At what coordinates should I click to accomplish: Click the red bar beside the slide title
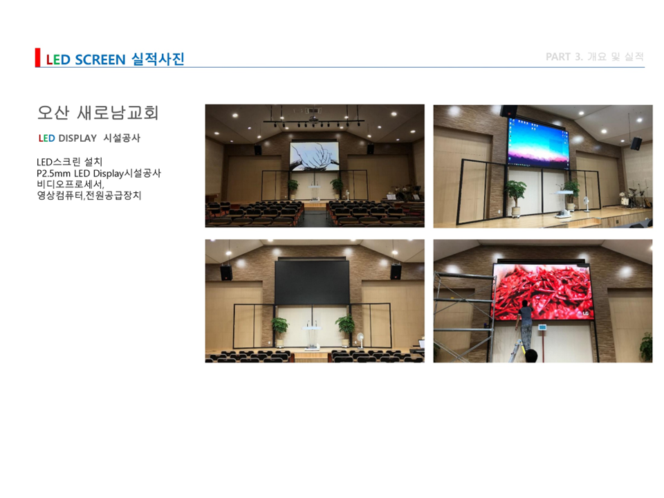pos(37,57)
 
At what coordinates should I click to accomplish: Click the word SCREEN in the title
pos(100,59)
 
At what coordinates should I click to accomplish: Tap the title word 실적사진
pos(158,59)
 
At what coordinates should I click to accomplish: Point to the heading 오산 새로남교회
pos(98,113)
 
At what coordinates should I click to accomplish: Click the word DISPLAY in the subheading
pos(77,138)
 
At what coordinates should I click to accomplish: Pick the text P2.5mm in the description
pos(53,174)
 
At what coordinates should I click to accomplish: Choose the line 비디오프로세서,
pos(71,185)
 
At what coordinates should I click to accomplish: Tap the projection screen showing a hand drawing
pos(314,157)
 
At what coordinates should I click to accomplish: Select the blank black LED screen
pos(312,282)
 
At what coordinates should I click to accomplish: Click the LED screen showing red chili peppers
pos(542,292)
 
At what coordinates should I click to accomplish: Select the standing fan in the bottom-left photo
pos(360,341)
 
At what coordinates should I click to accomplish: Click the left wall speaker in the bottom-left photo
pos(226,273)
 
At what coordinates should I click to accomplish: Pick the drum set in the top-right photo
pos(633,196)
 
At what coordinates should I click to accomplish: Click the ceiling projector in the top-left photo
pos(313,119)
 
